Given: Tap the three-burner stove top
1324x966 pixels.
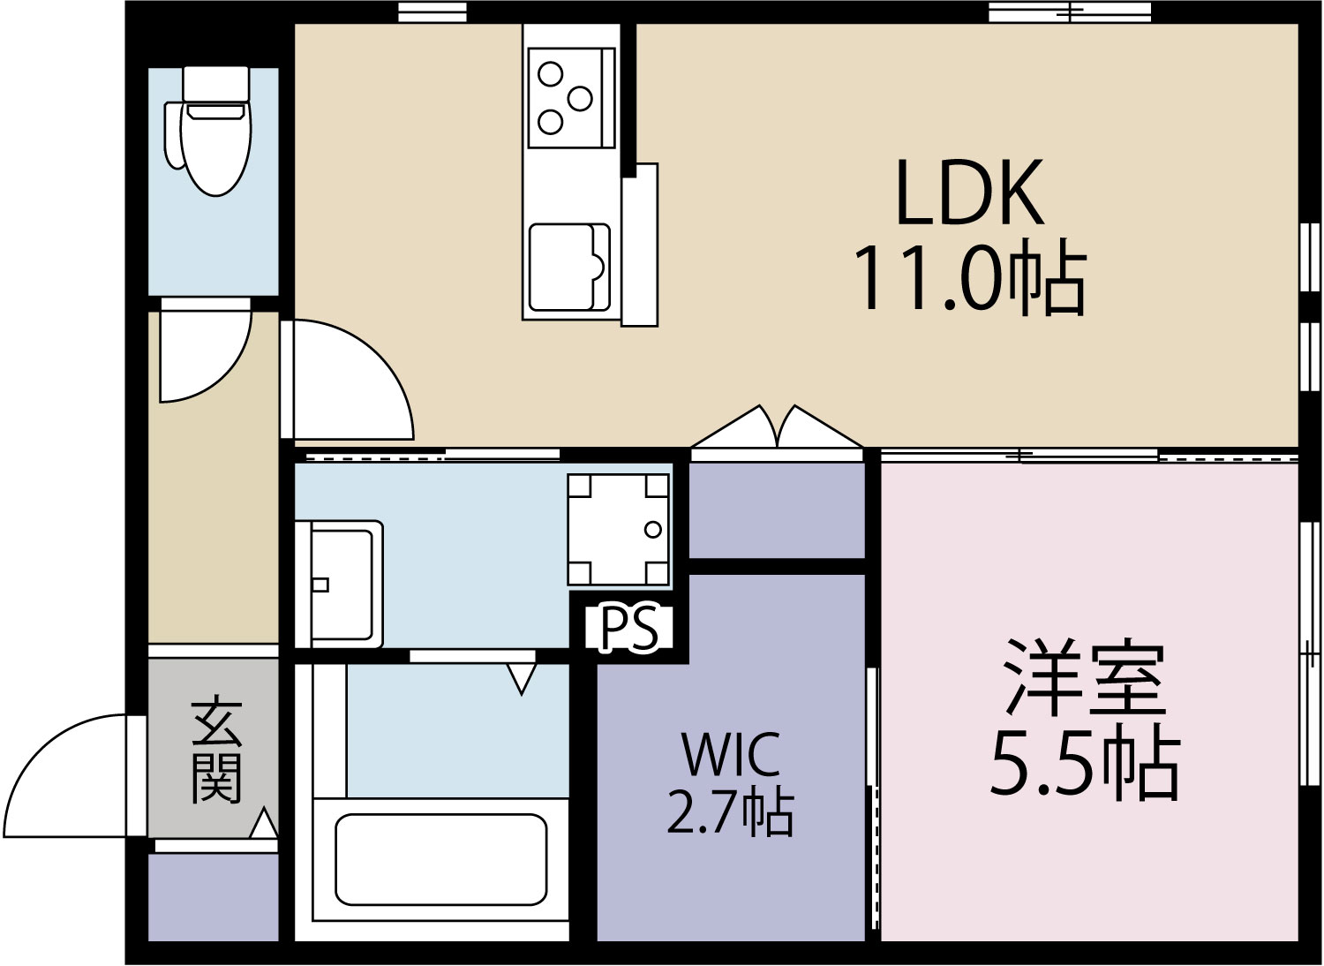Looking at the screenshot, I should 566,98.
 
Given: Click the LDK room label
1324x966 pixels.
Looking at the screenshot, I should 969,192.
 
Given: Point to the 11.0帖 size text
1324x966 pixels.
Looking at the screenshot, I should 969,278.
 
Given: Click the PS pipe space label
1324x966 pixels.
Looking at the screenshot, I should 629,628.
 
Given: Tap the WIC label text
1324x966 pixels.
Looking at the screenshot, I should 731,753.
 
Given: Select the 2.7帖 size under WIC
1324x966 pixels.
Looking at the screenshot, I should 731,812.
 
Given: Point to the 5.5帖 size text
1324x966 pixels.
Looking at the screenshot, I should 1086,764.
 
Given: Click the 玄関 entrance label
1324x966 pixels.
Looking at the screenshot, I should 215,751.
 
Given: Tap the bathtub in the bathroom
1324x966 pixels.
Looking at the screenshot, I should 440,859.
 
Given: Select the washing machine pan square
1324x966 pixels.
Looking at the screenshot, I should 618,529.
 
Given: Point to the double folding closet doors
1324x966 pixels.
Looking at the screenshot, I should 777,430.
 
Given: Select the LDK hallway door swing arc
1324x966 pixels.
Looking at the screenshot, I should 353,380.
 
